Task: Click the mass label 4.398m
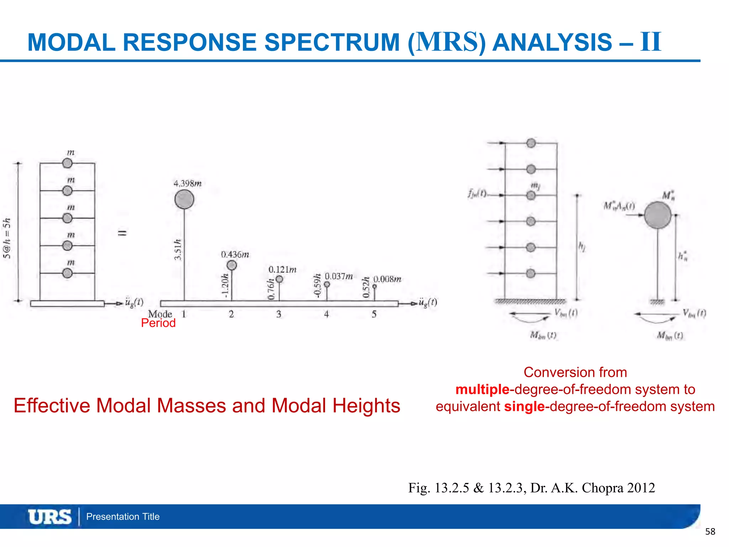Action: [187, 183]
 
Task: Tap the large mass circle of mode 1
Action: [184, 199]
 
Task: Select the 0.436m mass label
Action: [235, 254]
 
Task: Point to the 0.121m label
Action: [282, 270]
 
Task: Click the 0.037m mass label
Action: [339, 276]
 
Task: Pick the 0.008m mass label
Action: [387, 279]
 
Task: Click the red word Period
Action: [158, 323]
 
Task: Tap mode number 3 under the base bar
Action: [279, 314]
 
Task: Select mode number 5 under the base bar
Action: [374, 314]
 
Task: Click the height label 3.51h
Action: [178, 250]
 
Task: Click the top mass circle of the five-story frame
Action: [67, 163]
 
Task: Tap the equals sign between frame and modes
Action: [122, 233]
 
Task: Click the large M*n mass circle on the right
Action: [657, 215]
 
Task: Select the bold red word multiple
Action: [482, 389]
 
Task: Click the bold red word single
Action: [524, 406]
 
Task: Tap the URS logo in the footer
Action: [50, 517]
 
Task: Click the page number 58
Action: [710, 532]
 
